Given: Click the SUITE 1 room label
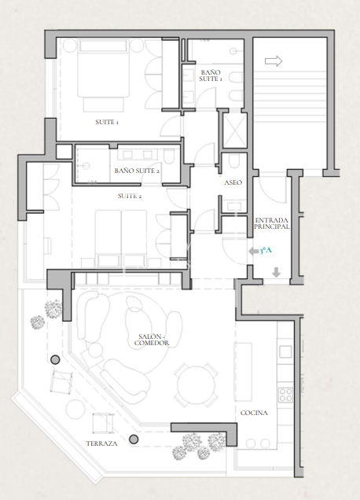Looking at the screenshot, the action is pos(107,122).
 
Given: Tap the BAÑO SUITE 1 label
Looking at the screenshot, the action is pos(211,75).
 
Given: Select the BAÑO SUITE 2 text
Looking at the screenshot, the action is pos(137,171).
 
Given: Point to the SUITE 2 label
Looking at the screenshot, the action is pos(130,196).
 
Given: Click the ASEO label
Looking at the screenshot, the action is pos(233,182).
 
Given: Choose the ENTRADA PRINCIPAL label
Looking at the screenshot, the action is pos(272,223).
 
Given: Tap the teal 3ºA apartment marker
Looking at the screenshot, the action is pos(266,251).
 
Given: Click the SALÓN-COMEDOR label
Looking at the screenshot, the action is pos(152,340).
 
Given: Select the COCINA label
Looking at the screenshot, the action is pos(254,413).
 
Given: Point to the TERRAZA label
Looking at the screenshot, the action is pos(101,443).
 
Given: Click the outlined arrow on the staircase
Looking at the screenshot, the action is pos(274,61).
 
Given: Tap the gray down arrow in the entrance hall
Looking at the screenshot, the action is pos(276,272).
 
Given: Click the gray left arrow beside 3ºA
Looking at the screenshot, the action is pos(254,252).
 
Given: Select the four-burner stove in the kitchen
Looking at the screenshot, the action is pos(285,395).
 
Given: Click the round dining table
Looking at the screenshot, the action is pos(196,385).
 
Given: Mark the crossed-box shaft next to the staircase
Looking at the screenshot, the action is pos(235,131).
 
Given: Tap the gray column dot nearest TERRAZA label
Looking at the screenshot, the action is pos(134,439).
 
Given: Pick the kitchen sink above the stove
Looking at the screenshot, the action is pos(285,352).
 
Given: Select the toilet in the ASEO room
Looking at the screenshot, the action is pos(234,161).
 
